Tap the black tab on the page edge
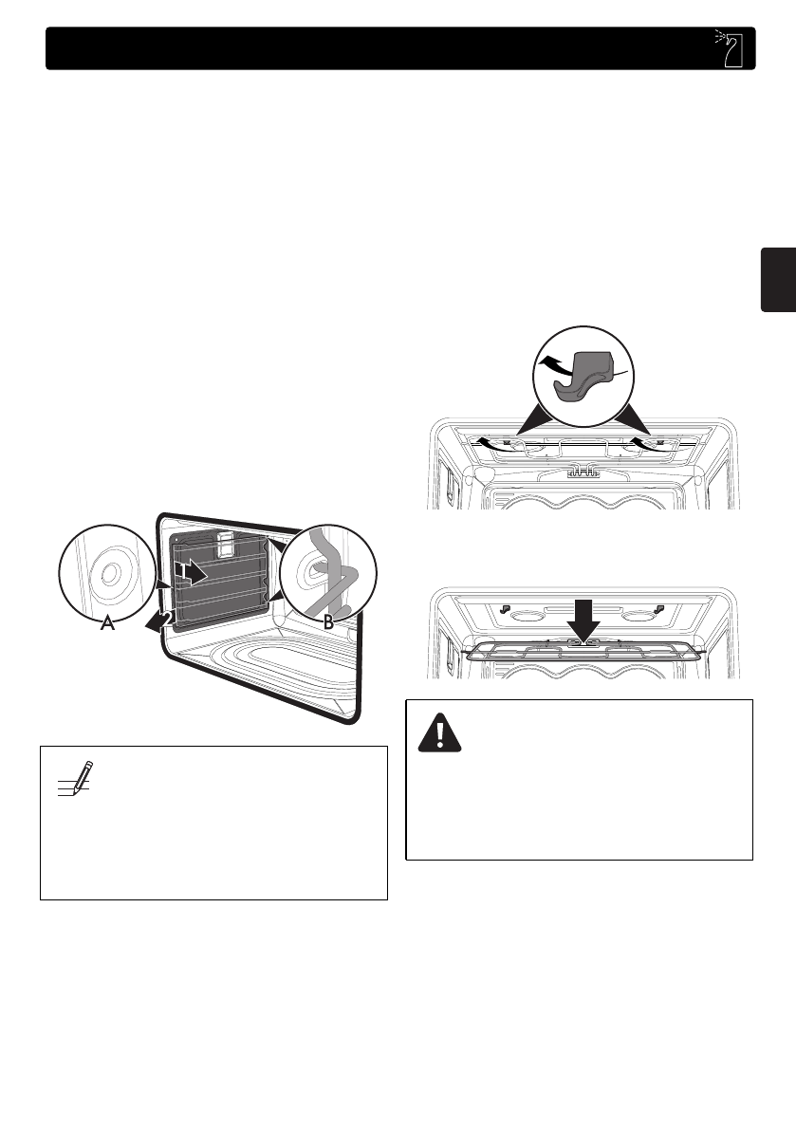778,279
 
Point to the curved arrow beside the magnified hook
554,363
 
